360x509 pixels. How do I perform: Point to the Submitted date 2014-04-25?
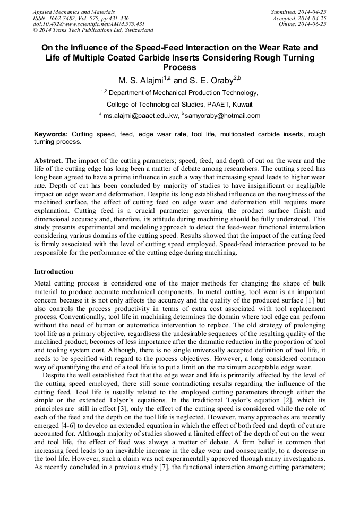[x=298, y=12]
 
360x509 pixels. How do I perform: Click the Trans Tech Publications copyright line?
[x=93, y=30]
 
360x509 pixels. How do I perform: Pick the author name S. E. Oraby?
[x=212, y=81]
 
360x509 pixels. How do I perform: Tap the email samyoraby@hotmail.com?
[x=222, y=115]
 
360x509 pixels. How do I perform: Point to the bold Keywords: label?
[x=51, y=135]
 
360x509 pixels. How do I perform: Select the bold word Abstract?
[x=49, y=160]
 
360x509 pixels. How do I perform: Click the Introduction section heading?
[x=54, y=272]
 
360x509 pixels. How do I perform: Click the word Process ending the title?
[x=179, y=67]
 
